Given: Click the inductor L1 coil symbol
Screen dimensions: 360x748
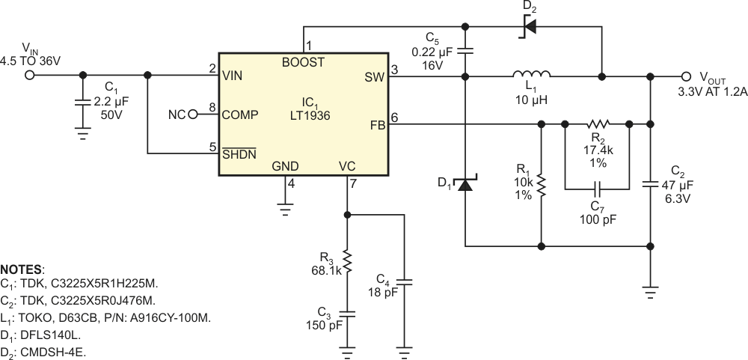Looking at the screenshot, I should click(x=532, y=74).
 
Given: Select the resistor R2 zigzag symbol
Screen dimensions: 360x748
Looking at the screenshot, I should click(x=598, y=124).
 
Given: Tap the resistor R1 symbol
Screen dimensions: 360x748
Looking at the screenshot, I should click(x=540, y=183).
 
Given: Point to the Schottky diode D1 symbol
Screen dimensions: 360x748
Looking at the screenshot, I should click(x=465, y=183).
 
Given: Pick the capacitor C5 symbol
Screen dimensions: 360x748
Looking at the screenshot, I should click(x=465, y=52).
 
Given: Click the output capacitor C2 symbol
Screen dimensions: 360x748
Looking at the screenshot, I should click(x=651, y=183).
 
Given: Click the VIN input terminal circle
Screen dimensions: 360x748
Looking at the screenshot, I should click(x=31, y=75).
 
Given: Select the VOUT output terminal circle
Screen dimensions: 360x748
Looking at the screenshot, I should click(x=686, y=76).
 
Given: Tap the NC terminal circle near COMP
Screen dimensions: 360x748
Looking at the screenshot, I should click(x=192, y=115).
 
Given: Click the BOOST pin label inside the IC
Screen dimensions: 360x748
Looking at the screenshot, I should click(x=303, y=62).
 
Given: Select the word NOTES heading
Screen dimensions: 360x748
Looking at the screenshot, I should click(x=23, y=269).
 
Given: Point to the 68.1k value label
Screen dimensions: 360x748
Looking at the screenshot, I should click(x=327, y=272).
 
